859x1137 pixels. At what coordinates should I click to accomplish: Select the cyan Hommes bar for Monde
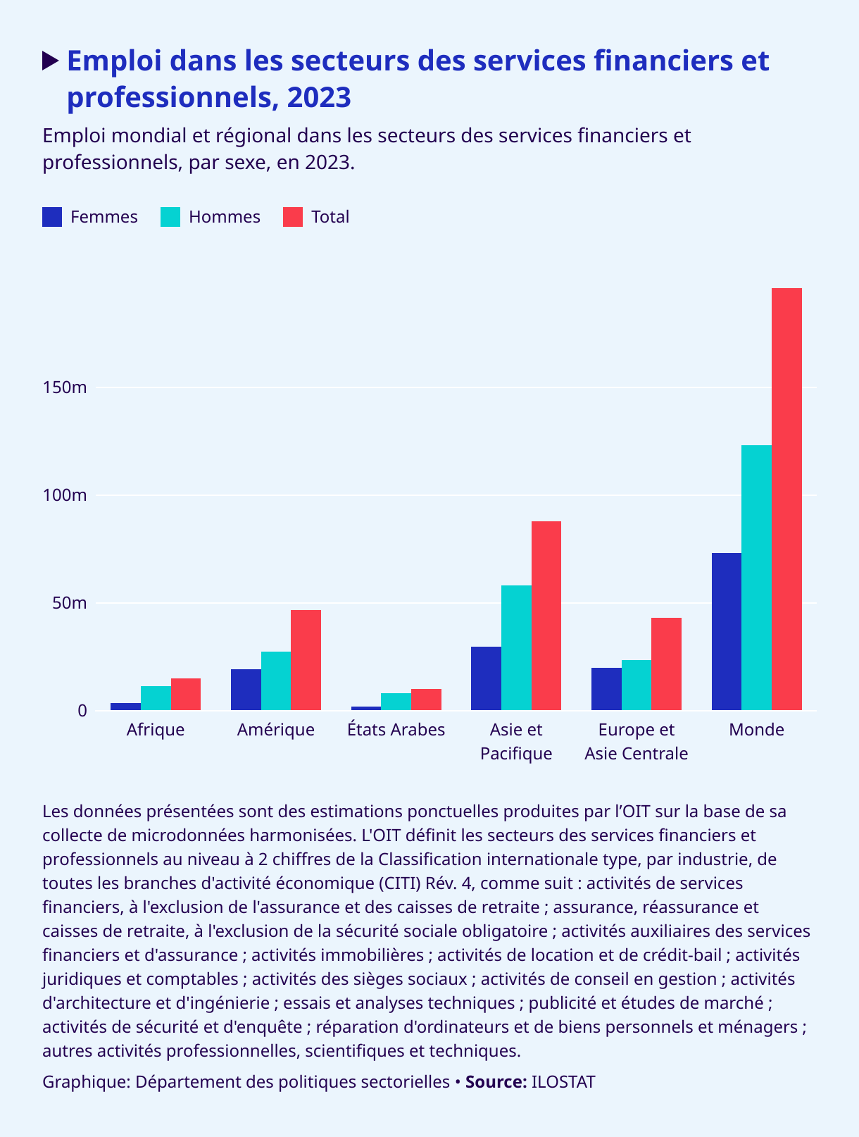pyautogui.click(x=756, y=578)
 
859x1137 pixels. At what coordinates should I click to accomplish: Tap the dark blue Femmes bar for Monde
pyautogui.click(x=727, y=631)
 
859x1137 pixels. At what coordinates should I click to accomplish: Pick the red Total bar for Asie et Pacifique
pyautogui.click(x=546, y=616)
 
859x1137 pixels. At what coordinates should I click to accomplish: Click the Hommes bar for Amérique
pyautogui.click(x=276, y=681)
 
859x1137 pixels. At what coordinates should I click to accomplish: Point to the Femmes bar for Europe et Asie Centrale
pyautogui.click(x=606, y=689)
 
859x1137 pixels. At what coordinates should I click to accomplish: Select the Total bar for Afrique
pyautogui.click(x=186, y=694)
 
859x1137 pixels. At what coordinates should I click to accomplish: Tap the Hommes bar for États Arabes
pyautogui.click(x=396, y=702)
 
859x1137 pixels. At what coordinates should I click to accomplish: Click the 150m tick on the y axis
pyautogui.click(x=65, y=387)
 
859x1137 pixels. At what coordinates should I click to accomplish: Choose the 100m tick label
pyautogui.click(x=65, y=495)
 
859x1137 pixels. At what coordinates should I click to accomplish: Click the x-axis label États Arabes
pyautogui.click(x=396, y=729)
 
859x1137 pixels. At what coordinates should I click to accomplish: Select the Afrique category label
pyautogui.click(x=156, y=729)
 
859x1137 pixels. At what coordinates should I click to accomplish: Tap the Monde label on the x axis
pyautogui.click(x=756, y=729)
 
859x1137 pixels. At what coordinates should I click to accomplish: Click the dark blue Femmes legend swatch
pyautogui.click(x=53, y=217)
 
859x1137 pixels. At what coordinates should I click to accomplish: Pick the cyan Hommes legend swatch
pyautogui.click(x=171, y=217)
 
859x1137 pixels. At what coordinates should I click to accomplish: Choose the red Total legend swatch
pyautogui.click(x=293, y=217)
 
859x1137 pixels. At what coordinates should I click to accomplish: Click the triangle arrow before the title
pyautogui.click(x=51, y=61)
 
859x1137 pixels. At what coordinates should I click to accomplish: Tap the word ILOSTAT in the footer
pyautogui.click(x=563, y=1081)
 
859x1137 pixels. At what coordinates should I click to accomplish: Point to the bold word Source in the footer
pyautogui.click(x=496, y=1081)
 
